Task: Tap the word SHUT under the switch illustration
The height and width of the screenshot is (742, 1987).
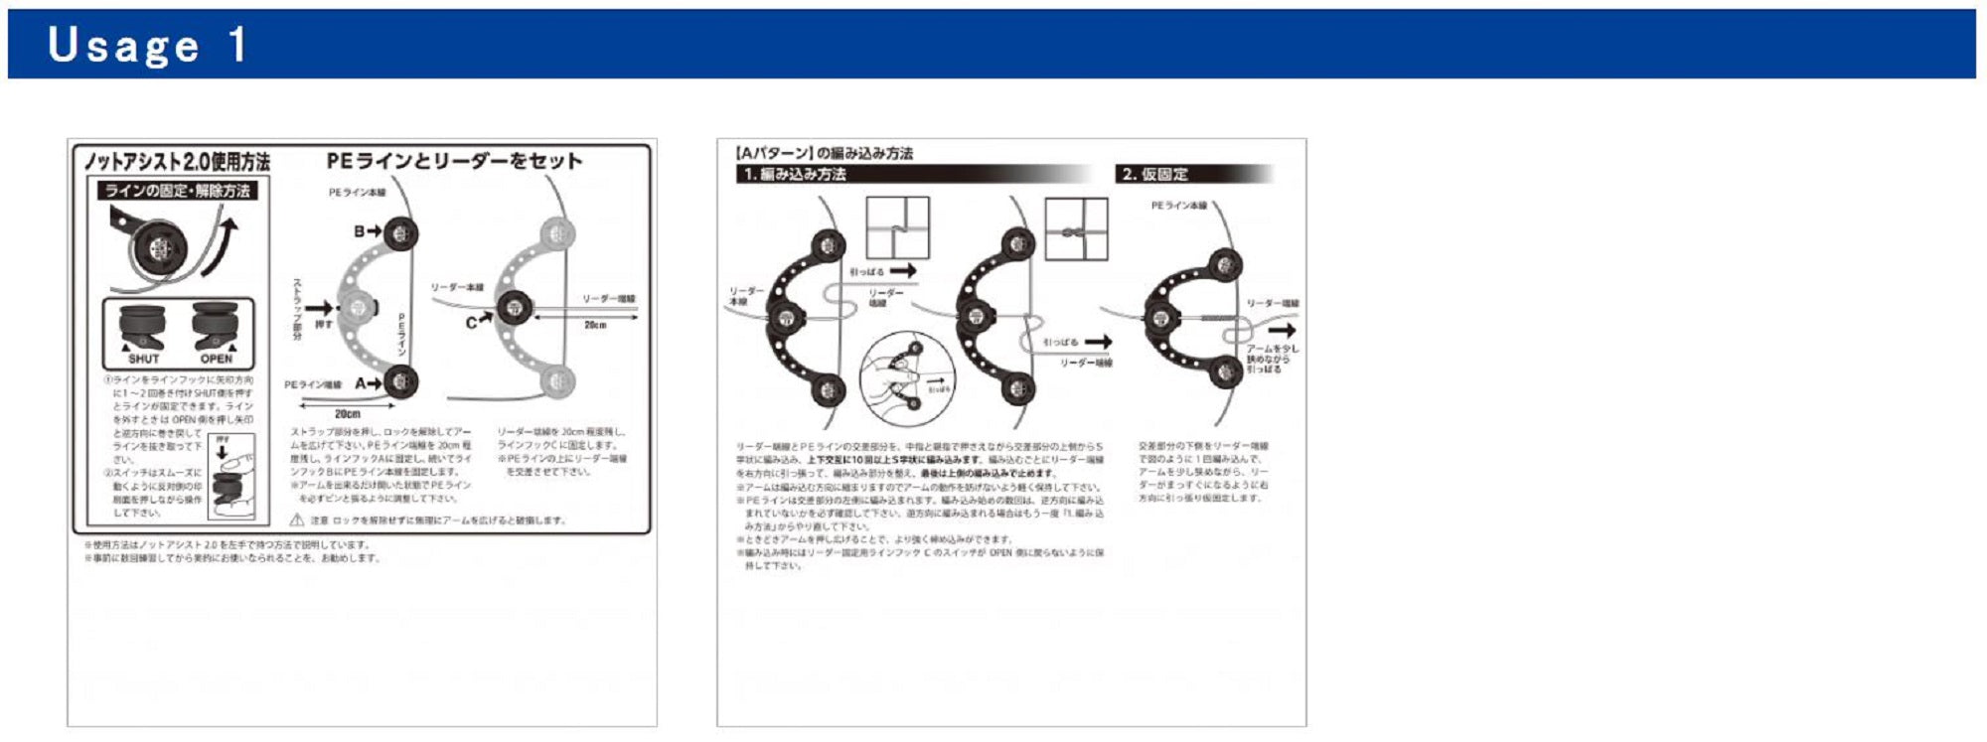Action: pos(143,359)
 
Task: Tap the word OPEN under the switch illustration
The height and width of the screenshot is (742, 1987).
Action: pos(216,359)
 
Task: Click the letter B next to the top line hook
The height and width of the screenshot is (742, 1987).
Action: pos(360,231)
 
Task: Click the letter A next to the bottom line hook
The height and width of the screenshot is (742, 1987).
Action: pos(361,383)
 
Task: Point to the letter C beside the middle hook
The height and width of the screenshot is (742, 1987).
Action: pos(472,323)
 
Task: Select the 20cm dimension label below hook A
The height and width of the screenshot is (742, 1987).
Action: pos(347,413)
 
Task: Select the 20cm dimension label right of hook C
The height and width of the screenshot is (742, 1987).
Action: pos(595,325)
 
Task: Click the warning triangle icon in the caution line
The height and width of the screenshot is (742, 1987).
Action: pos(296,519)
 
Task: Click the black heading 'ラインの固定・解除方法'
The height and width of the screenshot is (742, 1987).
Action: pos(178,191)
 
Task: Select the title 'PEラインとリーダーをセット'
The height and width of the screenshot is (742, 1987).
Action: pos(454,161)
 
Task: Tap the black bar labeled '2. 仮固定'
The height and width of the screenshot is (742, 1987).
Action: pos(1192,174)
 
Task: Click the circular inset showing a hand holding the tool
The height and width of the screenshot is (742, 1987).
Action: pos(906,379)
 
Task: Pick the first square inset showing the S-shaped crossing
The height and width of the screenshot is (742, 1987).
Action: pos(897,228)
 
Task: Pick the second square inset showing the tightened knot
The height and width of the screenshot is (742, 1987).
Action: pos(1076,228)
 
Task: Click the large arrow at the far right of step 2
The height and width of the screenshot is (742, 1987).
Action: pos(1282,330)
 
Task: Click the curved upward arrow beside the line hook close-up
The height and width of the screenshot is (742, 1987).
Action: pos(224,246)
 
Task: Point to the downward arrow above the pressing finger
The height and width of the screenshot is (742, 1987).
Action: pos(223,452)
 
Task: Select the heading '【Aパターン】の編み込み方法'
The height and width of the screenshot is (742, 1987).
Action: pos(824,153)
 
